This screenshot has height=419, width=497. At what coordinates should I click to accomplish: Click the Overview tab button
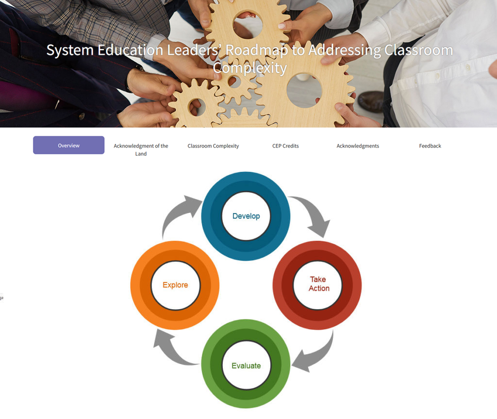(68, 145)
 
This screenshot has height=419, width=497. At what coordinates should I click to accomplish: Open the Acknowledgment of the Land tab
(141, 150)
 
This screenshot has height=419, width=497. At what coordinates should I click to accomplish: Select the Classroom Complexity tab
(213, 146)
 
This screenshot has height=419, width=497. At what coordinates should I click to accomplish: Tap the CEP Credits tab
(285, 146)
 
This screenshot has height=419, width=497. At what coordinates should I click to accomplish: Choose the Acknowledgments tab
(358, 146)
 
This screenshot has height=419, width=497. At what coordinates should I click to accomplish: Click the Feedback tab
(430, 146)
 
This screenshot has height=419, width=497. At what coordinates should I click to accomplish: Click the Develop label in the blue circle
(246, 216)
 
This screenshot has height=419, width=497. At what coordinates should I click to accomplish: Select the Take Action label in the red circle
(318, 284)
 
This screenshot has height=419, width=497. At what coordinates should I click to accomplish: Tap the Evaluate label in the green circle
(246, 366)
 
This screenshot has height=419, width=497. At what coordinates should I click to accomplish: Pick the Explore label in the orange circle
(175, 285)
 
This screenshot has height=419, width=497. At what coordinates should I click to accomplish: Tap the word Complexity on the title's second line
(250, 67)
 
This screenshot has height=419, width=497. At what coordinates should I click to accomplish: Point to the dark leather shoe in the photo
(372, 101)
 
